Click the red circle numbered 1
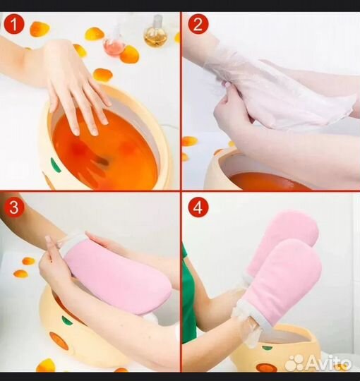[14, 24]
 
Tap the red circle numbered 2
[198, 24]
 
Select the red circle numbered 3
[14, 207]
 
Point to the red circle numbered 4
[198, 207]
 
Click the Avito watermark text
[328, 363]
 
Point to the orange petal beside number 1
[40, 29]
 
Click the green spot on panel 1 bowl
[56, 164]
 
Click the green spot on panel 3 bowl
[67, 320]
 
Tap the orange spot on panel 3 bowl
[59, 341]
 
